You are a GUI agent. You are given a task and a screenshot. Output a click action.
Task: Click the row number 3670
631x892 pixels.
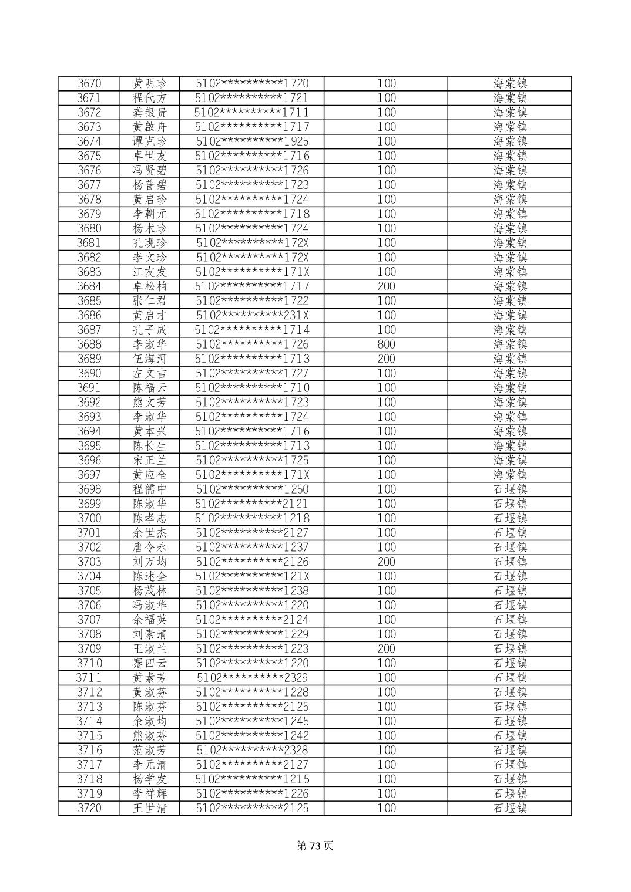(89, 83)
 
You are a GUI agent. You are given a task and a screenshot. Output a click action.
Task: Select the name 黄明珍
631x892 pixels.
(150, 83)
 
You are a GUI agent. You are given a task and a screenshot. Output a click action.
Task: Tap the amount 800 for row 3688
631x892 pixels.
(386, 344)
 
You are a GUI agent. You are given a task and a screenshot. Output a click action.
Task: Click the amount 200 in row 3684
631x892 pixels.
(386, 286)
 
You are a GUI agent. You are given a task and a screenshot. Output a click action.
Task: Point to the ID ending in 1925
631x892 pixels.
(252, 141)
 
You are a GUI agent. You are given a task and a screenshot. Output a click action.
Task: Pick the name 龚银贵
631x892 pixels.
(150, 113)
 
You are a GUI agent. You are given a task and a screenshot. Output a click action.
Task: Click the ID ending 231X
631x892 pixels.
(252, 315)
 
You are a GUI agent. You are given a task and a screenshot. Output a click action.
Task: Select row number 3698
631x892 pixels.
(89, 489)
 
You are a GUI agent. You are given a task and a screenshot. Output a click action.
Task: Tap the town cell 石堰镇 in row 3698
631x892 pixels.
(510, 489)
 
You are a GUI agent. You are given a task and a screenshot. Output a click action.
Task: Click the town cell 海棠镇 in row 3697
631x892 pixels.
(510, 475)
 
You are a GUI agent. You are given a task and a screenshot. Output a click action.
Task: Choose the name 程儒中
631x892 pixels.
(150, 489)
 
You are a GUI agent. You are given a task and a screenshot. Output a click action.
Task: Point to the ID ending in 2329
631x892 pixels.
(252, 678)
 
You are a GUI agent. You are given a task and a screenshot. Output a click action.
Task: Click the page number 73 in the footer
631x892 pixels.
(315, 846)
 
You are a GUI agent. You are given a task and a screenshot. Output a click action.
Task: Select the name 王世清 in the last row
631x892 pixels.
(150, 808)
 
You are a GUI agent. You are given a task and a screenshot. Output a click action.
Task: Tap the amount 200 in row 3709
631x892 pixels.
(386, 648)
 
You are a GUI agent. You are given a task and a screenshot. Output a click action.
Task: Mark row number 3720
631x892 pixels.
(89, 808)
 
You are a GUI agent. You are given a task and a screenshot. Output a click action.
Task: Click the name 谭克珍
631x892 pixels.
(150, 141)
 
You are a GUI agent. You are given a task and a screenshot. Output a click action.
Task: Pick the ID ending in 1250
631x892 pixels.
(252, 489)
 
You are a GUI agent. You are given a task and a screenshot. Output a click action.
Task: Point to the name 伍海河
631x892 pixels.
(150, 359)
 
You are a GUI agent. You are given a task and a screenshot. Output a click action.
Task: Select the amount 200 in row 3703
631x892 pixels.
(386, 562)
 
